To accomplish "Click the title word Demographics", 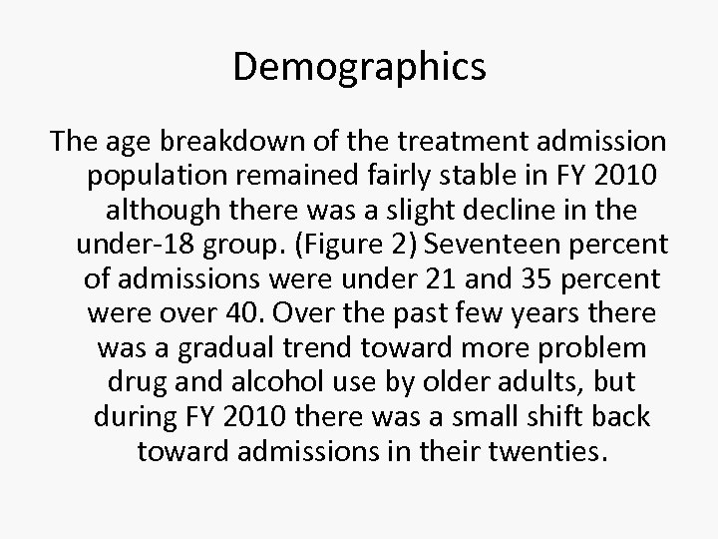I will click(359, 67).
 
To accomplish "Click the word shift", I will click(522, 416).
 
